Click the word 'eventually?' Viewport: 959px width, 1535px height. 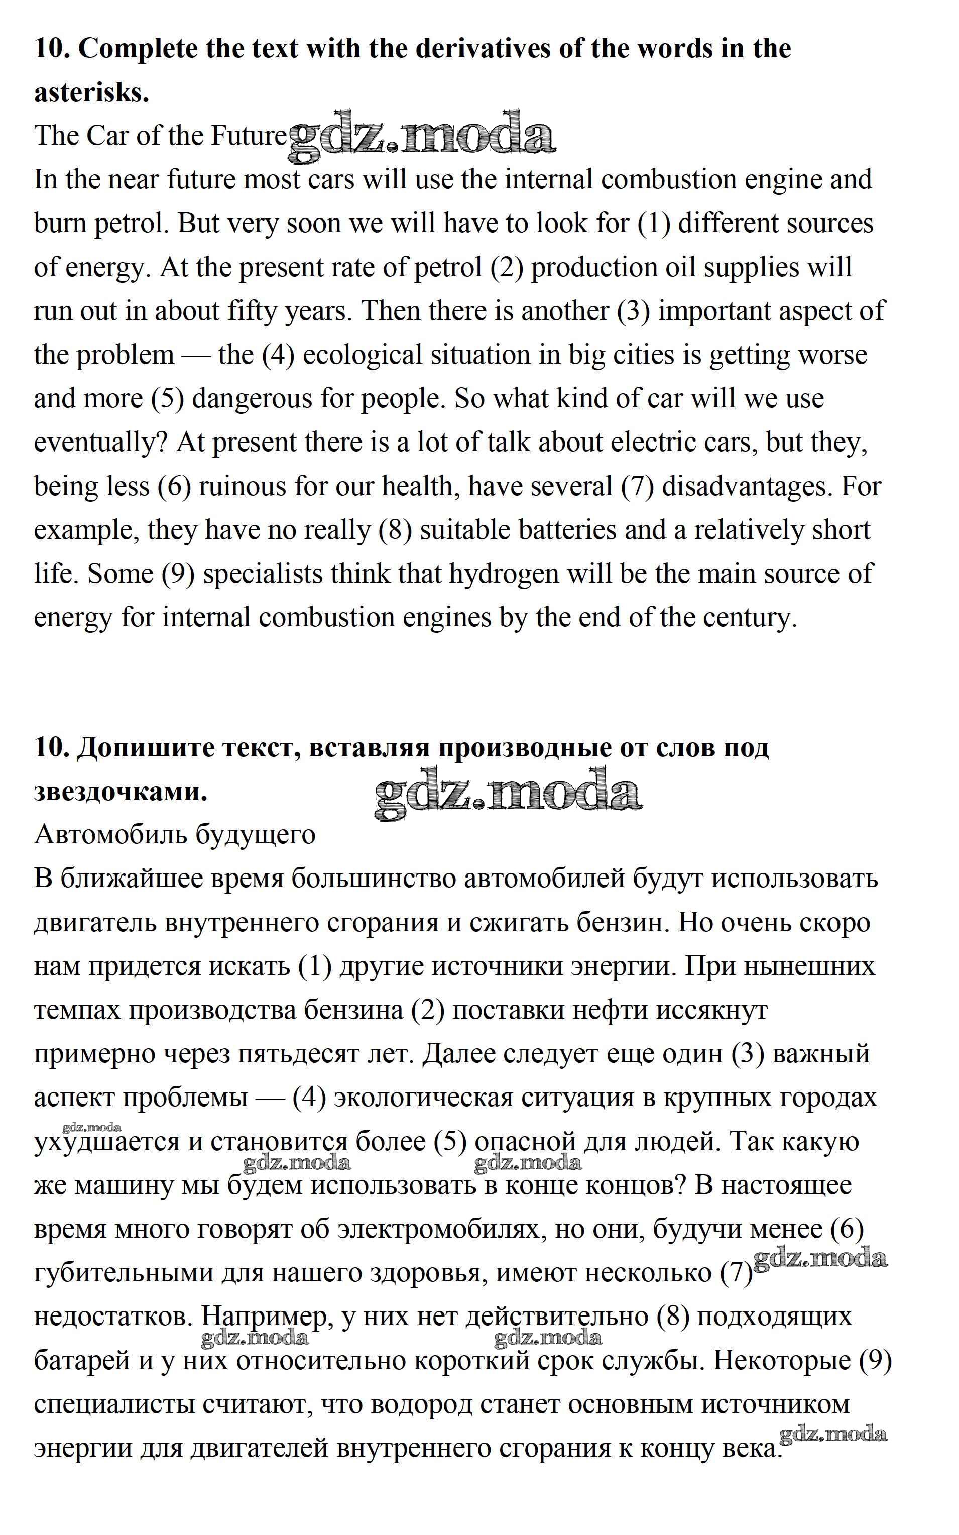pyautogui.click(x=101, y=442)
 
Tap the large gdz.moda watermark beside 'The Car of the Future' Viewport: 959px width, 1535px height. pyautogui.click(x=422, y=135)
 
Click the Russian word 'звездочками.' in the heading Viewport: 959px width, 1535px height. pyautogui.click(x=121, y=792)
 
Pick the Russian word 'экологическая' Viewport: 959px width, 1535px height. pyautogui.click(x=423, y=1098)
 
